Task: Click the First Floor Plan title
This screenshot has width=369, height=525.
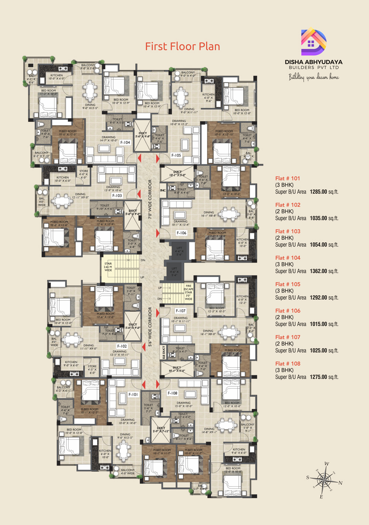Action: (182, 47)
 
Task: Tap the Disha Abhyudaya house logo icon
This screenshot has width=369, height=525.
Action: (313, 42)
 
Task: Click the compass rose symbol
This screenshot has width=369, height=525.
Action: (324, 480)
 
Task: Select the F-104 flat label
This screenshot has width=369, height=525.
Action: (125, 142)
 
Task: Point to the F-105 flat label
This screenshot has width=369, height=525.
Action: (176, 155)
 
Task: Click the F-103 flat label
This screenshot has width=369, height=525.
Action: (117, 195)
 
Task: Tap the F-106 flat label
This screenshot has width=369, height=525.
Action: (181, 233)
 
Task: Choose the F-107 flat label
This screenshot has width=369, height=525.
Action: (180, 311)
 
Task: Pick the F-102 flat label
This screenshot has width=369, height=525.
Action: (122, 346)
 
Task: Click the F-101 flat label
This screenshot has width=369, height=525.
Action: (133, 394)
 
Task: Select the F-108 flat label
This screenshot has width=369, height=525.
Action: (172, 393)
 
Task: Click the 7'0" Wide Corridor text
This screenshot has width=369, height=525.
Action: (150, 200)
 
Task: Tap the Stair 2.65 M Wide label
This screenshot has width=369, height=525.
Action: (108, 267)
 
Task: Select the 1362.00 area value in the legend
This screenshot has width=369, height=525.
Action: (318, 271)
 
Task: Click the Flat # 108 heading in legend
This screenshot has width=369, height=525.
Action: (288, 364)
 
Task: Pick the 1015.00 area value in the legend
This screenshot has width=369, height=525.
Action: (318, 324)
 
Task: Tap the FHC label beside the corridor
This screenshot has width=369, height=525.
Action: (163, 191)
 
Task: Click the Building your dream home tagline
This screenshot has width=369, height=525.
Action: (313, 77)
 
